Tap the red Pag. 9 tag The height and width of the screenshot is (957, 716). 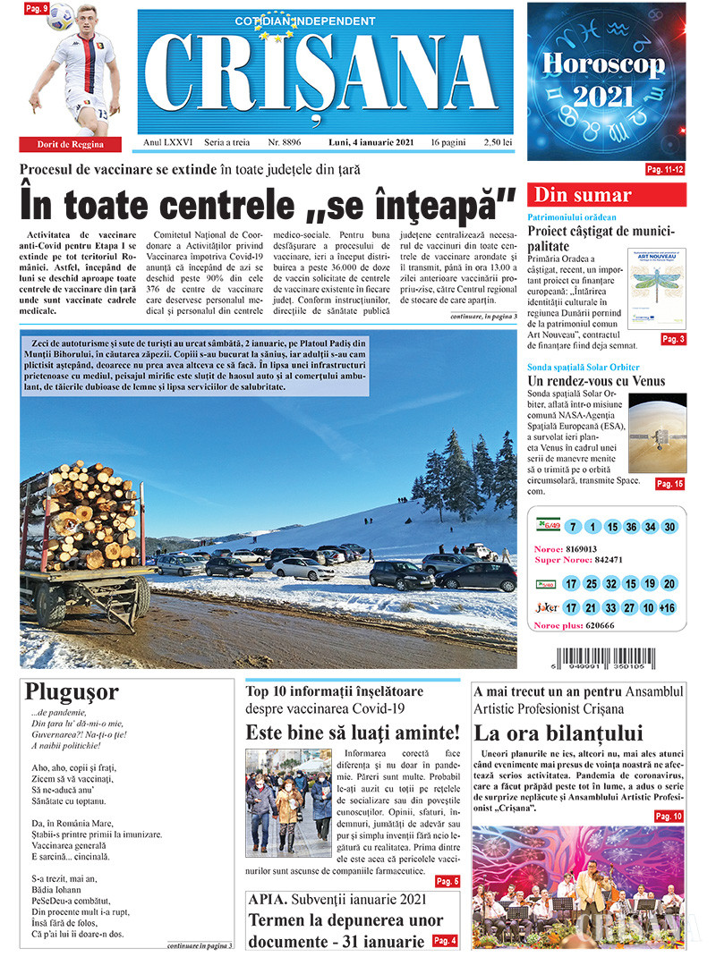[x=36, y=8]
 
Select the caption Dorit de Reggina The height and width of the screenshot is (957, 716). [x=70, y=144]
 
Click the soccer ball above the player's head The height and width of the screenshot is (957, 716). [x=61, y=14]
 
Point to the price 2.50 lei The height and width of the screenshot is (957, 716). [x=496, y=142]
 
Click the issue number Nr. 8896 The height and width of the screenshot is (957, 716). [x=284, y=142]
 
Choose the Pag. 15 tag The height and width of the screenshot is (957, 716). [x=669, y=484]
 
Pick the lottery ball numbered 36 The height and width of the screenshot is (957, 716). [x=632, y=527]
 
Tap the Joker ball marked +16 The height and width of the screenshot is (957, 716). [x=667, y=607]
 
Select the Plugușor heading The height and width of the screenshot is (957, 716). [x=72, y=692]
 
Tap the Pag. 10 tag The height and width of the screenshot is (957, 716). [x=668, y=816]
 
